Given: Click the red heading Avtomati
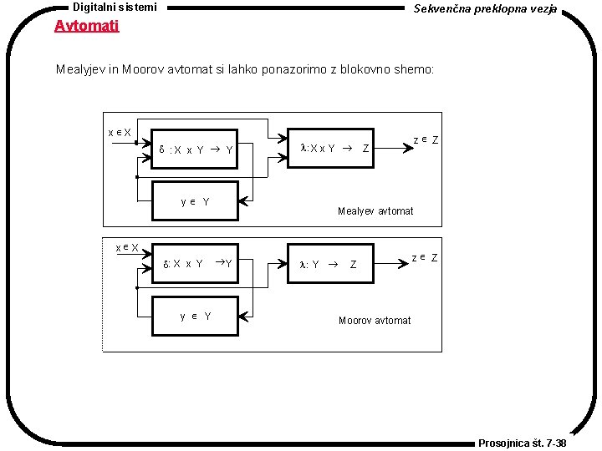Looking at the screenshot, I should tap(87, 25).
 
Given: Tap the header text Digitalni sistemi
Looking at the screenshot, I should tap(115, 7).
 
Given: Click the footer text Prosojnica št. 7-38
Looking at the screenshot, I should tap(522, 443).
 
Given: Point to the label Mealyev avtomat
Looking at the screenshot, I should tap(375, 210).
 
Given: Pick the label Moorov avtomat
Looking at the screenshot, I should tap(375, 320).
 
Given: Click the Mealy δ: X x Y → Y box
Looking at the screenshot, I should tap(196, 150).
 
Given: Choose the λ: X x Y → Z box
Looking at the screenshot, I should tap(330, 149).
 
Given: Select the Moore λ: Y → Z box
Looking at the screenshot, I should tap(330, 264).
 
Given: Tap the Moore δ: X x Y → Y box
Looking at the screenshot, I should tap(196, 264).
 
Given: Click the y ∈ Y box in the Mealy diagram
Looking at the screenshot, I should tap(196, 201).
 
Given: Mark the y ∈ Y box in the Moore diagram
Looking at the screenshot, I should tap(196, 316).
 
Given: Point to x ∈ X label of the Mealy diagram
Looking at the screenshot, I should tap(120, 133).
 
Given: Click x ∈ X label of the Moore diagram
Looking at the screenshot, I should tap(127, 247).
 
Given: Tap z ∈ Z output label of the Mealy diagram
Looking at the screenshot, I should tap(426, 139).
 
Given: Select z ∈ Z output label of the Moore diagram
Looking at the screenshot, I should tap(426, 257).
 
